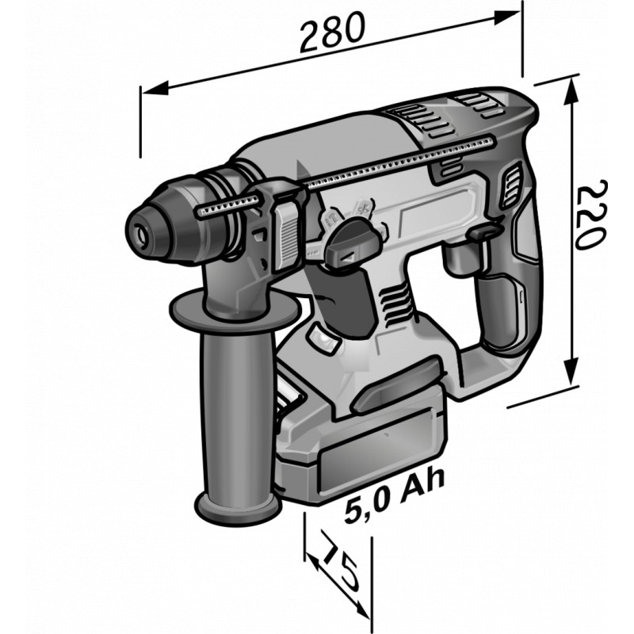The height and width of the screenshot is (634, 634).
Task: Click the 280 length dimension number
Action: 332,32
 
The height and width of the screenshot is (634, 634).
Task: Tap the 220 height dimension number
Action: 590,215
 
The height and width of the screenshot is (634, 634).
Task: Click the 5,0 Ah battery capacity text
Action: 393,497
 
